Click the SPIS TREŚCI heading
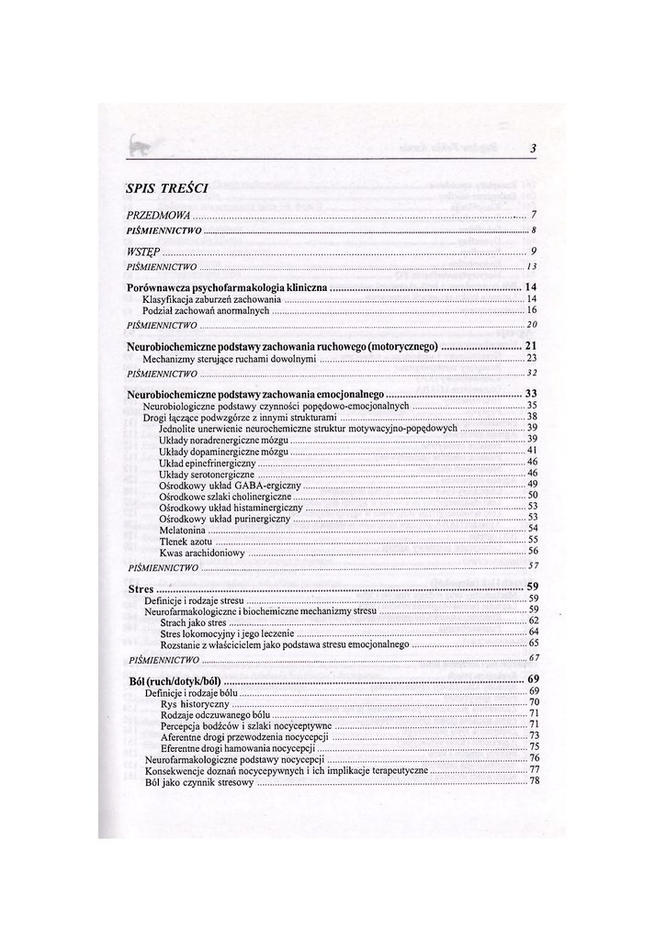tap(166, 188)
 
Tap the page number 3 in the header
tap(533, 150)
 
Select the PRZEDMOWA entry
tap(152, 215)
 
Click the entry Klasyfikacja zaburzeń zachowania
tap(211, 299)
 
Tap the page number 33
tap(530, 393)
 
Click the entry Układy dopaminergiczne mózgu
tap(223, 451)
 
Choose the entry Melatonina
tap(182, 528)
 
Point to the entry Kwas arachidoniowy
tap(201, 552)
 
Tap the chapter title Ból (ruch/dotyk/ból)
tap(174, 679)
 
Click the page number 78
tap(533, 781)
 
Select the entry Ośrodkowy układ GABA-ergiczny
tap(229, 484)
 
